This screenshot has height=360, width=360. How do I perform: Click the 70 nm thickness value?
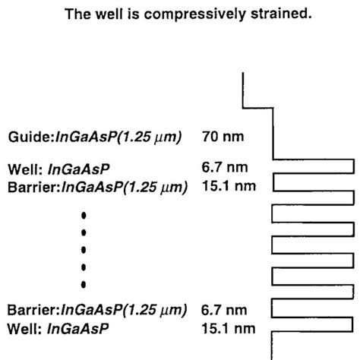[222, 137]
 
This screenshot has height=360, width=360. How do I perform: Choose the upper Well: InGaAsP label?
[58, 168]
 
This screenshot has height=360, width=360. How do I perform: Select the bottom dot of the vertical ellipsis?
[84, 284]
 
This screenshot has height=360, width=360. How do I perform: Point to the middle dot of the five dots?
[84, 250]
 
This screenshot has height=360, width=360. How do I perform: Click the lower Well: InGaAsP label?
[58, 328]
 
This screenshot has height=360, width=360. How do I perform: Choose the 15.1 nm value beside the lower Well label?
[228, 328]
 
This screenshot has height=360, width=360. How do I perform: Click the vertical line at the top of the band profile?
[242, 90]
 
